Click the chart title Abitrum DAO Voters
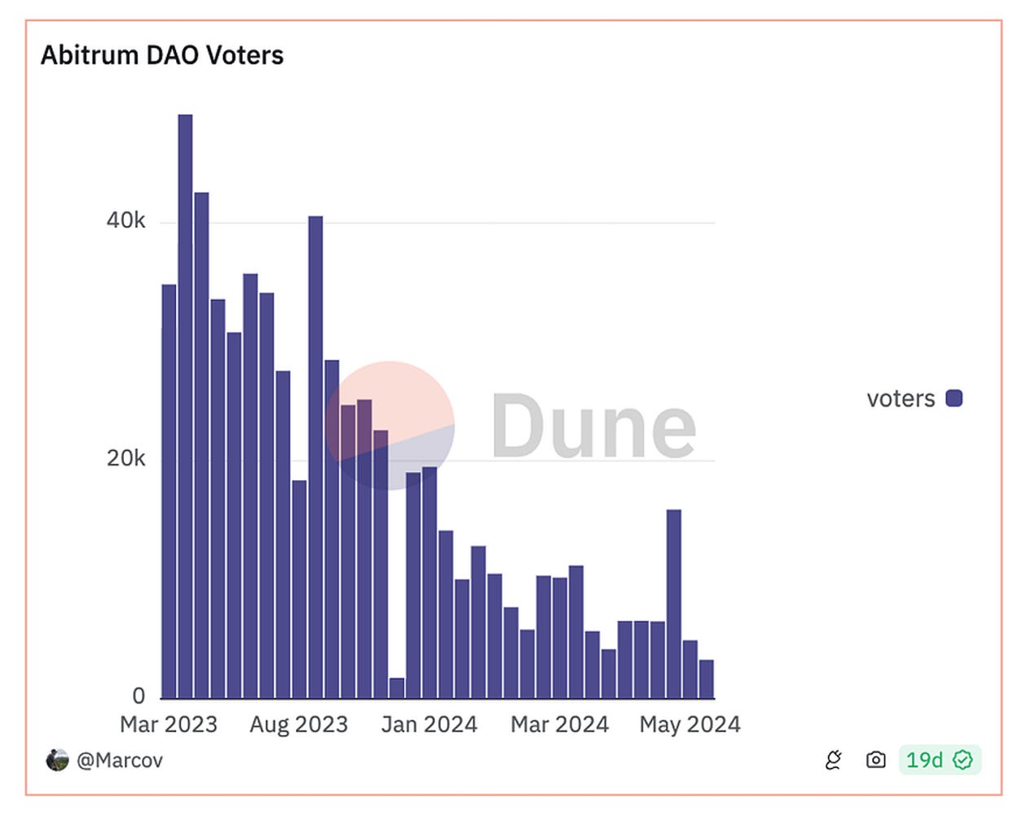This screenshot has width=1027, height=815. [162, 55]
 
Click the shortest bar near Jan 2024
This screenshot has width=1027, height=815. [397, 688]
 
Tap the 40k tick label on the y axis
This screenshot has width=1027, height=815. [126, 220]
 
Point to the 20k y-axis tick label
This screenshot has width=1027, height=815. [126, 458]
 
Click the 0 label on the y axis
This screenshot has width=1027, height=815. [139, 695]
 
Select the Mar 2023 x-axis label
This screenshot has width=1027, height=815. [169, 725]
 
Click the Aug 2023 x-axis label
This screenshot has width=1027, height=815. [298, 725]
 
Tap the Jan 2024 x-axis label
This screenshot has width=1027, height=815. [429, 725]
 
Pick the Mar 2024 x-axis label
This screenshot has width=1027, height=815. [559, 725]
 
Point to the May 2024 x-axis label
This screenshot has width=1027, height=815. [690, 725]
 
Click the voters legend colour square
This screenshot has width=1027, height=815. [954, 398]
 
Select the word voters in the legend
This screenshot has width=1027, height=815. [901, 399]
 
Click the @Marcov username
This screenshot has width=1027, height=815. [120, 760]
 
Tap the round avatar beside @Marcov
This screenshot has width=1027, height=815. [57, 760]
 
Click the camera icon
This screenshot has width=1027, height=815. [875, 760]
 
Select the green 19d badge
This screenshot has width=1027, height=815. [939, 760]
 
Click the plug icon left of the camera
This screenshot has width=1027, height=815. [833, 760]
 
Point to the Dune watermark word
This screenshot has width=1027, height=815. [593, 425]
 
